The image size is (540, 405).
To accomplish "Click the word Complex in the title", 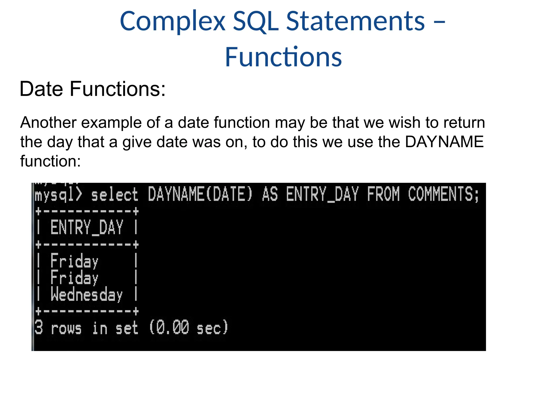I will tap(173, 22).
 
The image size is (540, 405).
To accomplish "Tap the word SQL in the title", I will tap(256, 22).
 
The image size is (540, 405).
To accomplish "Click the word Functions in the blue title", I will tap(283, 57).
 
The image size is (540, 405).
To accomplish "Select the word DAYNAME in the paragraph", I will tap(444, 142).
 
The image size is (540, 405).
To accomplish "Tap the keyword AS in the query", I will tap(270, 194).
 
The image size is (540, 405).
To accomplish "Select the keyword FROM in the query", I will tap(383, 194).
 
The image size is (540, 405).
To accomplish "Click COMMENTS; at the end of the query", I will tap(443, 194).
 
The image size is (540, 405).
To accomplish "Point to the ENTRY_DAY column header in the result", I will tap(86, 228).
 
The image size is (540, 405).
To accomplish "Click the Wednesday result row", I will tap(86, 295).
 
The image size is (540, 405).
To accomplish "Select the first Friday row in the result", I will tap(74, 261).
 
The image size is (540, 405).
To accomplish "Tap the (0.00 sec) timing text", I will tap(188, 328).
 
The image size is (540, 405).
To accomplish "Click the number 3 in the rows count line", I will tap(39, 327).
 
